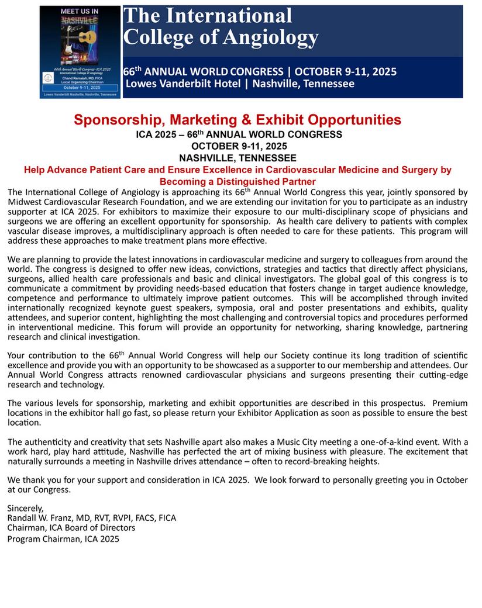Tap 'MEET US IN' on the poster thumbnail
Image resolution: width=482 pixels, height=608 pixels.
[80, 11]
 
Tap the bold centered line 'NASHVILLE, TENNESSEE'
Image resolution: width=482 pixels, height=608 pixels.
[237, 158]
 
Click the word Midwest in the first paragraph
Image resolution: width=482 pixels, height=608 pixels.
[26, 202]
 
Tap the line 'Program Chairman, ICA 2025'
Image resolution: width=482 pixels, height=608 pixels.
[63, 538]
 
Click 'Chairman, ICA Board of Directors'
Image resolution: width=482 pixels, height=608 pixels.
[71, 528]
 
